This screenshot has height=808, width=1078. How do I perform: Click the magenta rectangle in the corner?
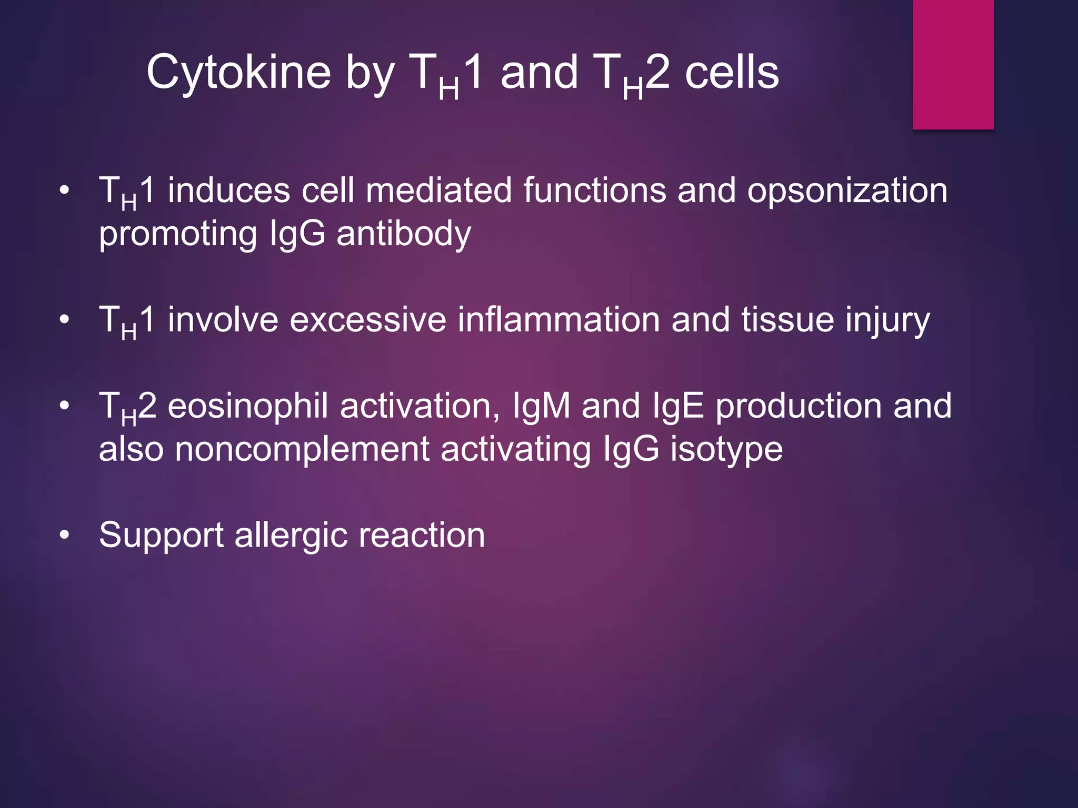(x=953, y=64)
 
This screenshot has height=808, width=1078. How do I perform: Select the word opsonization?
(x=847, y=190)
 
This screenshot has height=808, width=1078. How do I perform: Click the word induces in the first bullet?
(x=228, y=190)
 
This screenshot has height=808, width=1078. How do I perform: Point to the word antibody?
(x=404, y=234)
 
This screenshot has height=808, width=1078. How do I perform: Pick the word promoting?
(x=178, y=235)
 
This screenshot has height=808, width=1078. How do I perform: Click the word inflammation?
(x=558, y=320)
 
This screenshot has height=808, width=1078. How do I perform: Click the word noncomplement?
(x=302, y=449)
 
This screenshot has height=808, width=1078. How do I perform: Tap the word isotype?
(x=726, y=450)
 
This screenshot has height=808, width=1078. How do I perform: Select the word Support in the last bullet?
(x=161, y=536)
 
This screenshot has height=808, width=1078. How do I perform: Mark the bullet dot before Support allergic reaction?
(x=64, y=536)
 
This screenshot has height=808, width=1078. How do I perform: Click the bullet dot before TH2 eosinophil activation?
(x=64, y=406)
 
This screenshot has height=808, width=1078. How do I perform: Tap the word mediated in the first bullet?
(x=438, y=190)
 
